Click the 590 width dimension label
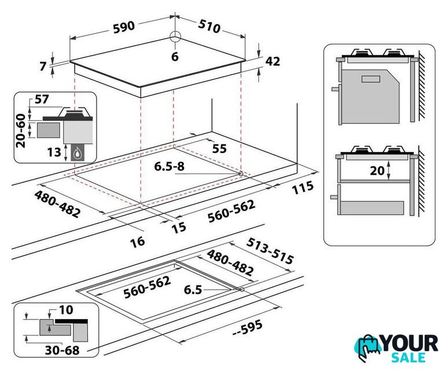[x=124, y=27]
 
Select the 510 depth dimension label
[x=209, y=26]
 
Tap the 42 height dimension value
[x=272, y=61]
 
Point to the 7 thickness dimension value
[x=43, y=66]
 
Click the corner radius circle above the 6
[x=175, y=37]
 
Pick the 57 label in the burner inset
[x=42, y=99]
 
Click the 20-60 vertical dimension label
[x=20, y=131]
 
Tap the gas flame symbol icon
[x=77, y=154]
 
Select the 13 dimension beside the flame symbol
[x=54, y=152]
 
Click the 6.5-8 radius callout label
[x=169, y=166]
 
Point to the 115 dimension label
[x=302, y=188]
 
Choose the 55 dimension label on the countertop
[x=219, y=149]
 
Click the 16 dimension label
[x=138, y=242]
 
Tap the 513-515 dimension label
[x=269, y=251]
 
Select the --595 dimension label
[x=247, y=328]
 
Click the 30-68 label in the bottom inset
[x=62, y=350]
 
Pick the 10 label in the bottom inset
[x=66, y=310]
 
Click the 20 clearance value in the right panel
[x=377, y=171]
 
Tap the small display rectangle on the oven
[x=371, y=79]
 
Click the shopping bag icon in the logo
[x=368, y=348]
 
